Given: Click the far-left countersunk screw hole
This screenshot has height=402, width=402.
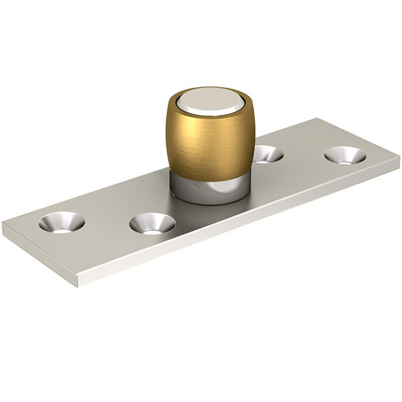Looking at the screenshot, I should click(x=62, y=222).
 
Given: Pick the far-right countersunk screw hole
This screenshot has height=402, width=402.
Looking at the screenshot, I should click(x=345, y=155).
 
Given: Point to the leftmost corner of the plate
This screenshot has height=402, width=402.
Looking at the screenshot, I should click(x=3, y=226).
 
